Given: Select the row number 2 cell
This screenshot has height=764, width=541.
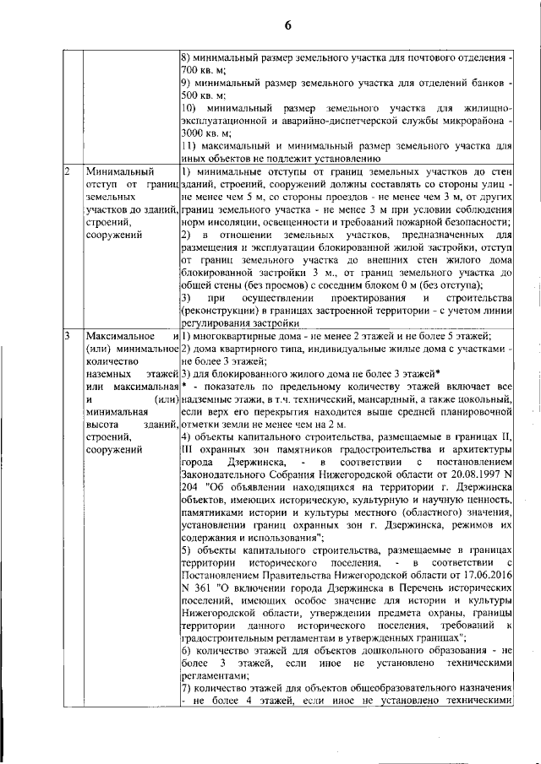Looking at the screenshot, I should click(68, 172).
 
